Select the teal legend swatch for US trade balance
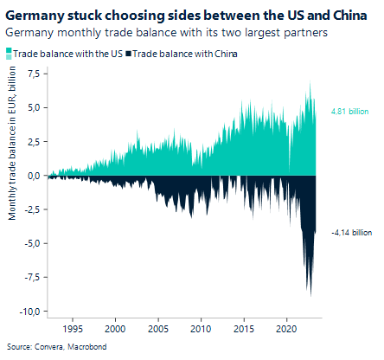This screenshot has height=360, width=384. (9, 54)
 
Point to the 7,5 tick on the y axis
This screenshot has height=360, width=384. (32, 74)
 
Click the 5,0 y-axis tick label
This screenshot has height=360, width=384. (32, 107)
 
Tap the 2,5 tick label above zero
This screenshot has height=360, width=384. (32, 141)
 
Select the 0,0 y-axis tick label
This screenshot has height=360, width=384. (32, 175)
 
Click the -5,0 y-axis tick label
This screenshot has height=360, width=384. (30, 243)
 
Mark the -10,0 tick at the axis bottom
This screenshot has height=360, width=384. (29, 311)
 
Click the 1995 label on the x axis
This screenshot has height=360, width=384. (73, 329)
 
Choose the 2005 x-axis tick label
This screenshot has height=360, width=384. (158, 329)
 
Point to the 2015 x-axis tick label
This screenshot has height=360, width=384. (244, 329)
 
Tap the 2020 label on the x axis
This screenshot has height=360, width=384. (287, 329)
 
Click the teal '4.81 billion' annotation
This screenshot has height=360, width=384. (349, 112)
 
